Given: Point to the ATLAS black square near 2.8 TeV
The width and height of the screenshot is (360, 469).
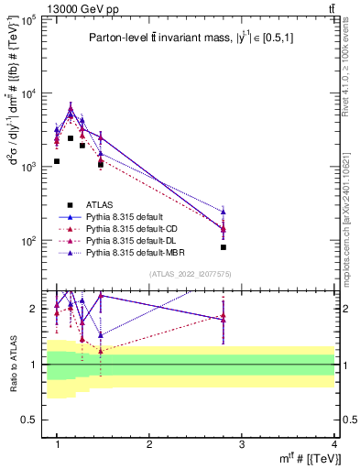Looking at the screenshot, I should point(249,247).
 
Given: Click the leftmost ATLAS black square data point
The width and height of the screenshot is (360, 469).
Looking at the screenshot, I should point(57,161).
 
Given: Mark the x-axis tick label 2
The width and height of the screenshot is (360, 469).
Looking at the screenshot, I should point(149,443).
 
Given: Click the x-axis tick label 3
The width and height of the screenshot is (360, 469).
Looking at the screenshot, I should point(242,443).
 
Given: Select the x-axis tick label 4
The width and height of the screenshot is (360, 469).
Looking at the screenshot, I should point(333,443).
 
